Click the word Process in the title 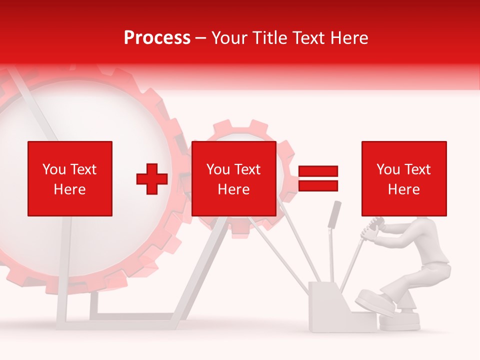[x=157, y=38]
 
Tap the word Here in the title [x=348, y=38]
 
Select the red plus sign [x=152, y=178]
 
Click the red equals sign [x=318, y=178]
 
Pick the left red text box [x=70, y=178]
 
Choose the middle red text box [x=234, y=178]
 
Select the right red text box [x=404, y=178]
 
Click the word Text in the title [x=310, y=38]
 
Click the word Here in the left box [x=70, y=189]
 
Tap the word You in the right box [x=388, y=169]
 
